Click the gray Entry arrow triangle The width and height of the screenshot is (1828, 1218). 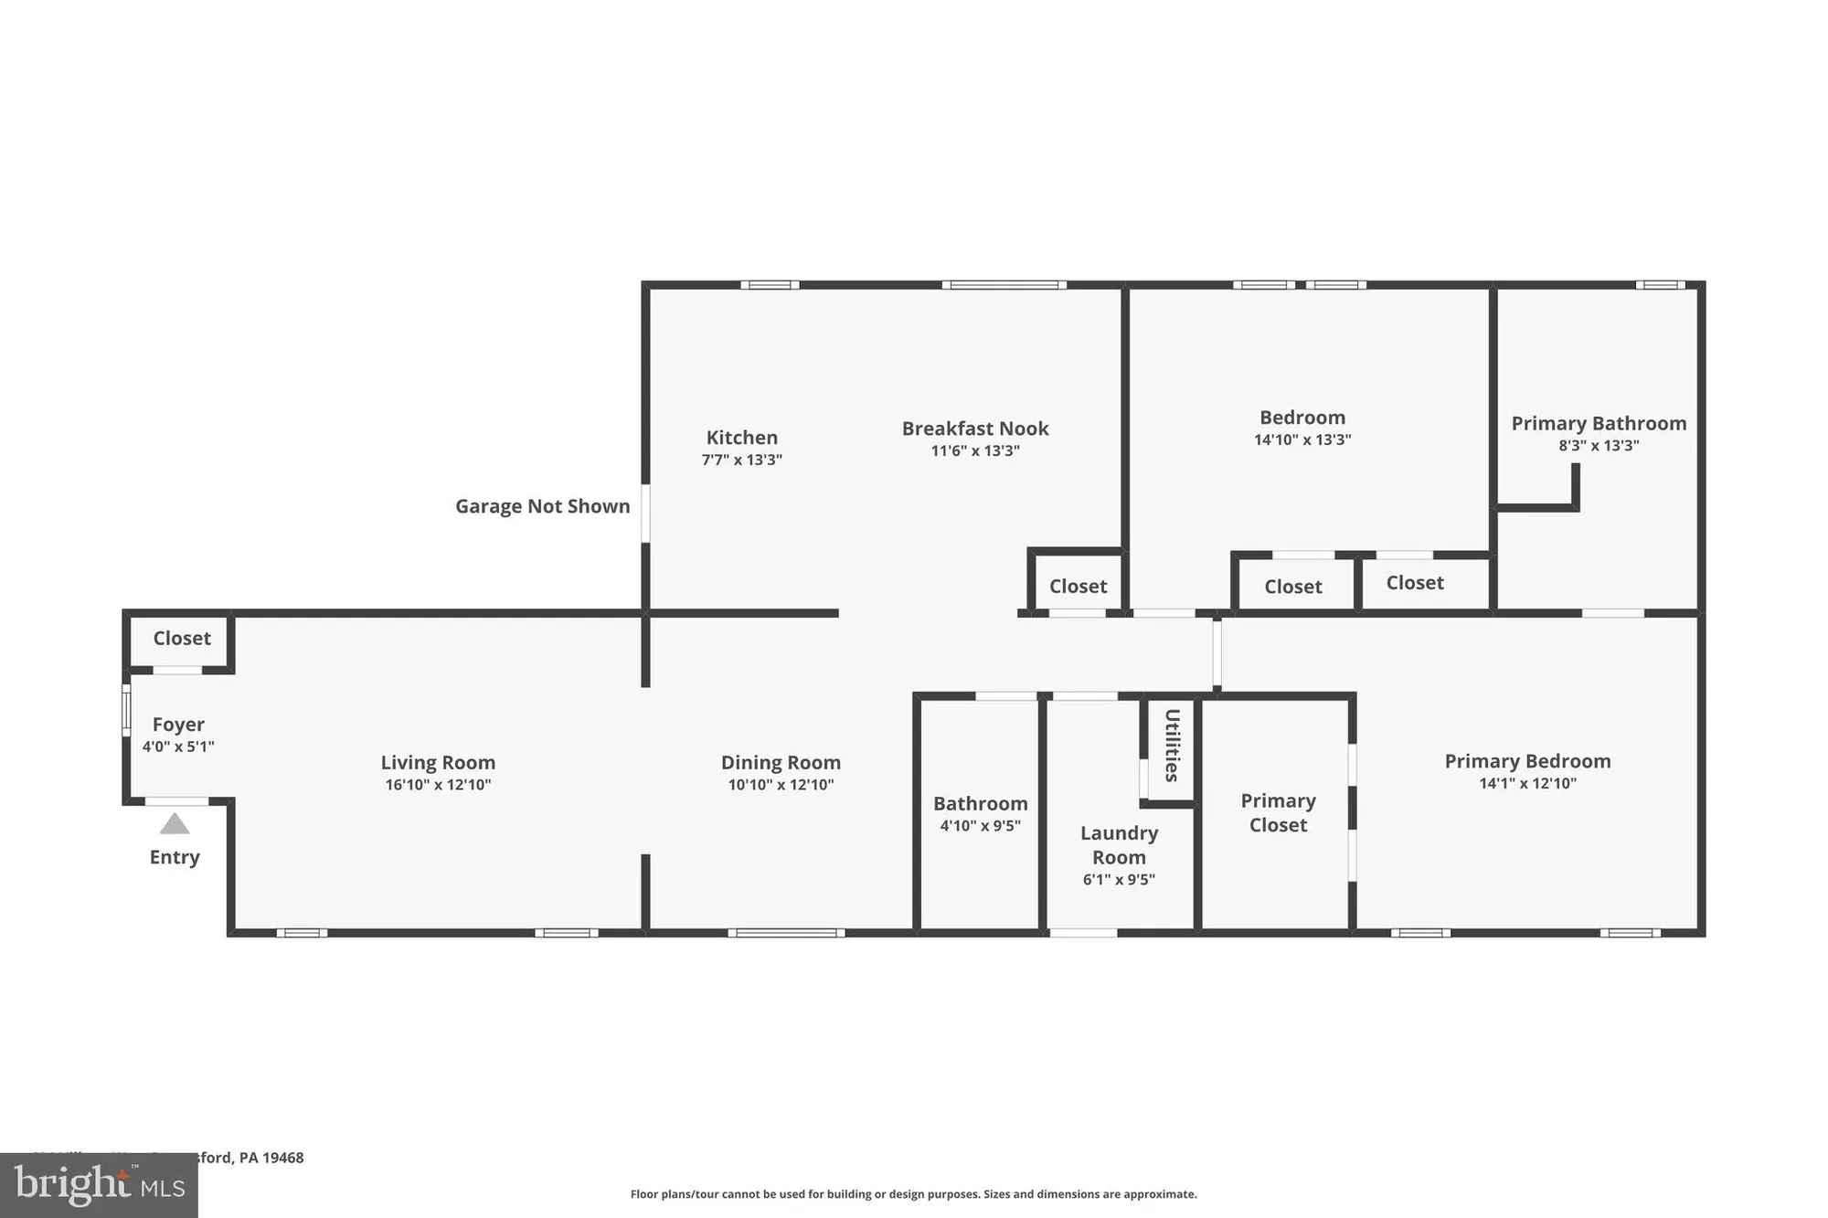pyautogui.click(x=175, y=825)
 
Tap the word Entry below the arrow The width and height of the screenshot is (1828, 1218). pyautogui.click(x=175, y=857)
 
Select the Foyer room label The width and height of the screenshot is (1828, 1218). pyautogui.click(x=178, y=725)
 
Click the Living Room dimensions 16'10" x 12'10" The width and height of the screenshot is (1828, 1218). pyautogui.click(x=438, y=785)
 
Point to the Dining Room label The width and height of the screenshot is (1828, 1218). pyautogui.click(x=781, y=762)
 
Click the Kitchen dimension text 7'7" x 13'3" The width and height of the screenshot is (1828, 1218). pyautogui.click(x=741, y=460)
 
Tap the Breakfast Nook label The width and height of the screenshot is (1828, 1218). pyautogui.click(x=975, y=429)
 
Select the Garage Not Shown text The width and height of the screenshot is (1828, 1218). pyautogui.click(x=542, y=506)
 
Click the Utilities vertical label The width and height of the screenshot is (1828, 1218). pyautogui.click(x=1172, y=746)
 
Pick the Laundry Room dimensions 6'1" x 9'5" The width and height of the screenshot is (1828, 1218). pyautogui.click(x=1119, y=880)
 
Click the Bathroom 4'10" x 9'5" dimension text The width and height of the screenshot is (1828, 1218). pyautogui.click(x=980, y=826)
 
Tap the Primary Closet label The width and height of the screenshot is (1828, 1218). pyautogui.click(x=1278, y=812)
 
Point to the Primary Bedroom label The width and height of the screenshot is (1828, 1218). pyautogui.click(x=1527, y=761)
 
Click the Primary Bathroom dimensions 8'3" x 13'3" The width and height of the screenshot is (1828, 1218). pyautogui.click(x=1599, y=446)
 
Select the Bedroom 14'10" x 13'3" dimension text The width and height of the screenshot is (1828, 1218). pyautogui.click(x=1302, y=440)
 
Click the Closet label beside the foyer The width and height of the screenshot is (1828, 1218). pyautogui.click(x=182, y=638)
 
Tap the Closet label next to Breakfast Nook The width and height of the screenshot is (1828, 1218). pyautogui.click(x=1078, y=587)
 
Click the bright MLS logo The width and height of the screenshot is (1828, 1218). pyautogui.click(x=99, y=1185)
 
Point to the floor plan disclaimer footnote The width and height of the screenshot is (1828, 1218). pyautogui.click(x=913, y=1194)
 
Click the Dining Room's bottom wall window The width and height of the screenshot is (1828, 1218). pyautogui.click(x=786, y=933)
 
